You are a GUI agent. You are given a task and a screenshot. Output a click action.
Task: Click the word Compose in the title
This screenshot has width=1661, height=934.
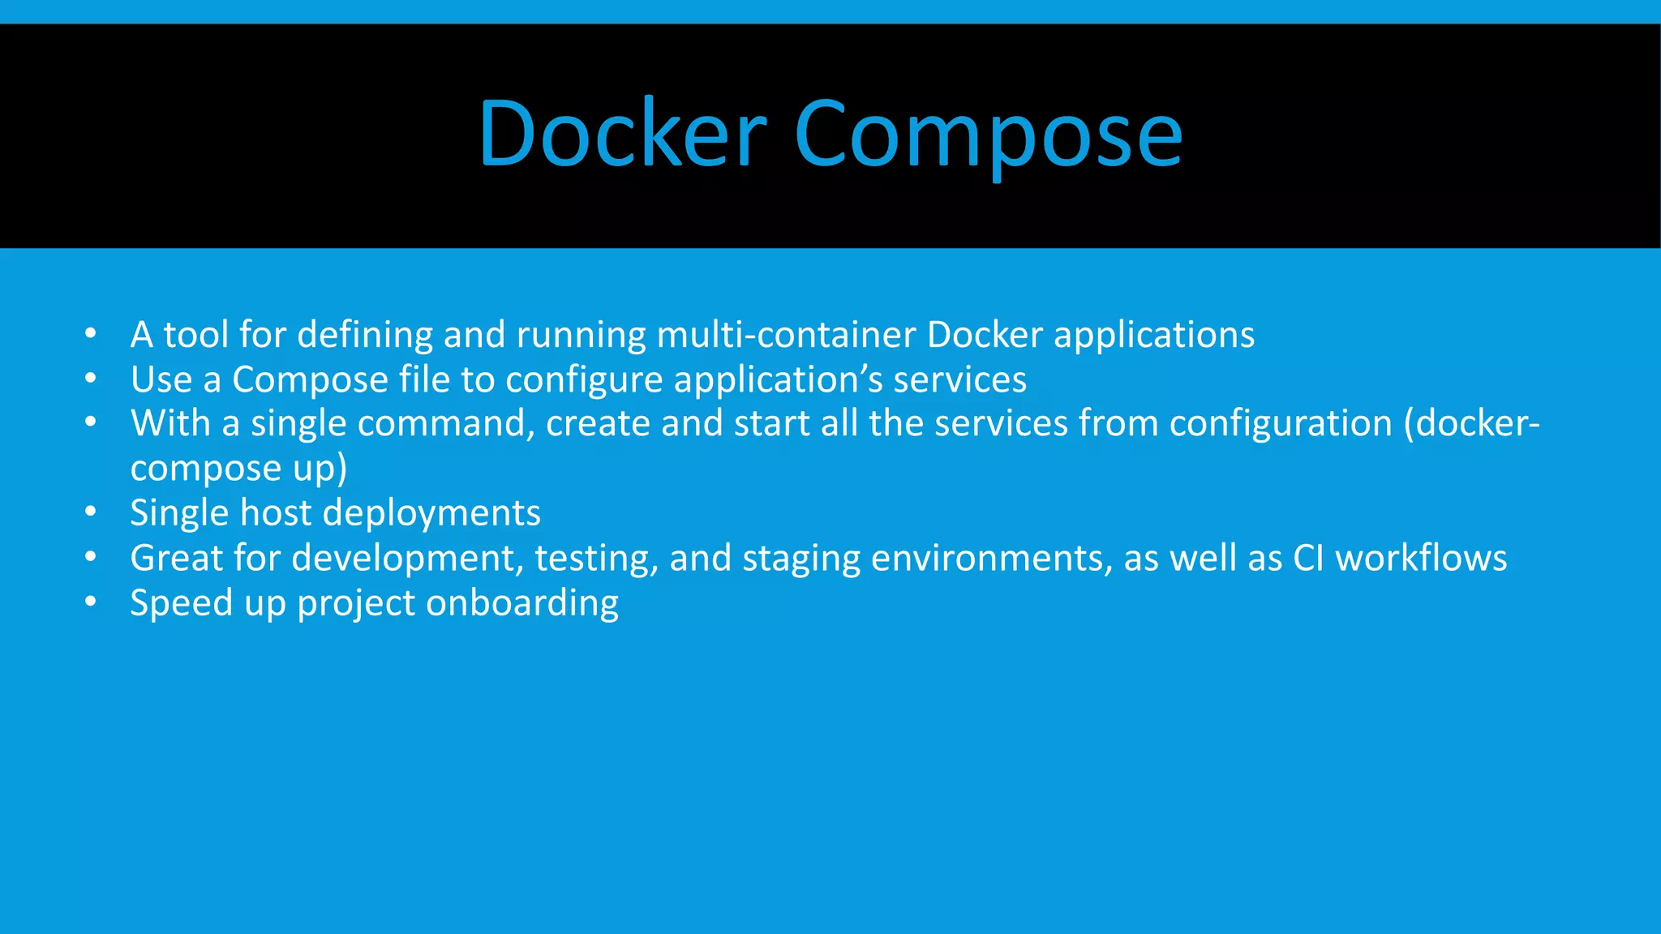coord(989,136)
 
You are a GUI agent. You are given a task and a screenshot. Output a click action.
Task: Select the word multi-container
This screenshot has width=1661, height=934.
coord(786,335)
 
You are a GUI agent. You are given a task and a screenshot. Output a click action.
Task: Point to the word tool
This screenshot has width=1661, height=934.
coord(195,335)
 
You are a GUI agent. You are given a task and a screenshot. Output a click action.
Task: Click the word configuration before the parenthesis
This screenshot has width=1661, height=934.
coord(1281,424)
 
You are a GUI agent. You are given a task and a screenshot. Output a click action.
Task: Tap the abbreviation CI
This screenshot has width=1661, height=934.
coord(1308,559)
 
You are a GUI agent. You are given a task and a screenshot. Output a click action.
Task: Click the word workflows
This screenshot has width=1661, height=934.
coord(1421,559)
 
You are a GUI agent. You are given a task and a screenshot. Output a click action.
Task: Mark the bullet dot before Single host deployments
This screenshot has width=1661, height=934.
coord(91,512)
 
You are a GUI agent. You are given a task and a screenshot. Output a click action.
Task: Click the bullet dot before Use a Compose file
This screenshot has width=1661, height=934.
coord(91,379)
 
